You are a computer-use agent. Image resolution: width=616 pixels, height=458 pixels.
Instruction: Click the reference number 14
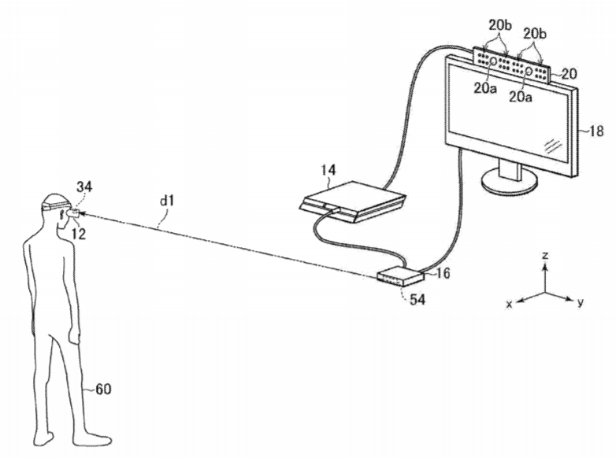tap(328, 170)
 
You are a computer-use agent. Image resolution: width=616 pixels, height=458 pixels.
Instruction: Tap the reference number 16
tap(443, 273)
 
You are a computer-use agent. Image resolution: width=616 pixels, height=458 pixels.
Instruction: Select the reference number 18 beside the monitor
tap(596, 131)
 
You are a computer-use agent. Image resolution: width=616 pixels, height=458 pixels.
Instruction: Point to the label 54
tap(417, 300)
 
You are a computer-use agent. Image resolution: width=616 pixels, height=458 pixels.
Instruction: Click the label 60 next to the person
tap(103, 389)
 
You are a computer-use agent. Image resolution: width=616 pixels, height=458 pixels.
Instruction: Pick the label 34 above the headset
tap(84, 187)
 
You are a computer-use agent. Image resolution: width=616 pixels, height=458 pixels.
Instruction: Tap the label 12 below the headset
tap(79, 234)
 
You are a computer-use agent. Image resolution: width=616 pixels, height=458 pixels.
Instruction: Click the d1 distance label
tap(166, 201)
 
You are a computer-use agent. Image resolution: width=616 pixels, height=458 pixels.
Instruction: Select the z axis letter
tap(545, 256)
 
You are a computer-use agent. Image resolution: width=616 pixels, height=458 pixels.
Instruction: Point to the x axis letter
tap(509, 305)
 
